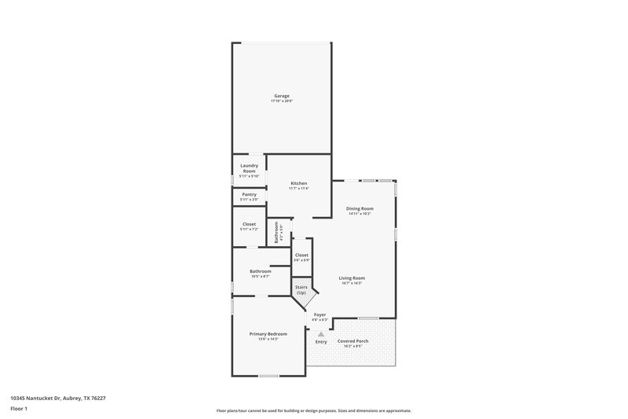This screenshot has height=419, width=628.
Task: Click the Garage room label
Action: (x=281, y=96)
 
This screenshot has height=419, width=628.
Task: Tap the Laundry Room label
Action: (x=249, y=167)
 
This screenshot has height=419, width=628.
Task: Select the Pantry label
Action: (x=249, y=194)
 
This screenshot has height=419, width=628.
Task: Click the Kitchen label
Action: (x=298, y=183)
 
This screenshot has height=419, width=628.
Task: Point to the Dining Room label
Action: (x=360, y=208)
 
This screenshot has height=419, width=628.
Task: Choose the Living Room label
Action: (x=352, y=277)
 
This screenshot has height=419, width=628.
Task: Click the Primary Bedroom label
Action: (x=268, y=334)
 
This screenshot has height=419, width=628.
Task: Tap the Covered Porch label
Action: (x=352, y=341)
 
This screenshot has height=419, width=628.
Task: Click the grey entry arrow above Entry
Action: (x=321, y=334)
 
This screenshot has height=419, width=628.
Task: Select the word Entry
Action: (x=321, y=342)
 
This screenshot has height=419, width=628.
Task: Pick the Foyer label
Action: (x=319, y=314)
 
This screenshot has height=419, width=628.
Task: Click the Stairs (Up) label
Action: (x=301, y=289)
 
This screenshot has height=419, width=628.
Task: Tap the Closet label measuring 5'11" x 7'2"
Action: (x=249, y=224)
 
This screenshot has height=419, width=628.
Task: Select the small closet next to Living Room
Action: (x=301, y=255)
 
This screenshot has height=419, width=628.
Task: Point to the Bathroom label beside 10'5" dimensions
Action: (x=261, y=271)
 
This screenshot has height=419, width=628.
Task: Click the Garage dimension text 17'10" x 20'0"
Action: (x=281, y=101)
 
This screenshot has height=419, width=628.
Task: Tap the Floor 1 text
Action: (x=19, y=410)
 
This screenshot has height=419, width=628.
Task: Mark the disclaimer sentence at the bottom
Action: (x=313, y=410)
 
